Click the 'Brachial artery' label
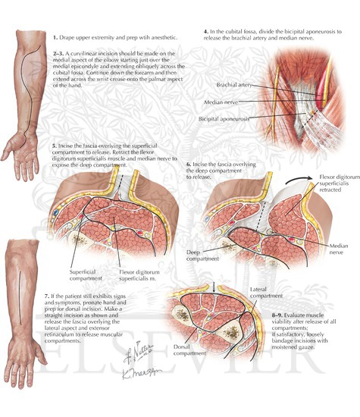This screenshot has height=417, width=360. coord(234,85)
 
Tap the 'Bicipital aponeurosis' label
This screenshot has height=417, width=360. coord(224,119)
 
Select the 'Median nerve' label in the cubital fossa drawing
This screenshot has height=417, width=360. coord(221,102)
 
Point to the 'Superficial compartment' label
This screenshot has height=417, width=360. coord(86,275)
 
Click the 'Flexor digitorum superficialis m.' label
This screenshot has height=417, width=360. coord(139,275)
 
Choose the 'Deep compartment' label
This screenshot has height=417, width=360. coord(202,256)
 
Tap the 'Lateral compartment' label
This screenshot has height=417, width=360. coord(266,293)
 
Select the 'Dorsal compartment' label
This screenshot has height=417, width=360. coord(189,350)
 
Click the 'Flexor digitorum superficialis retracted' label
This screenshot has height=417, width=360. coord(340,183)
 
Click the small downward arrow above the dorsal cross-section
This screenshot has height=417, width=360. coord(214,287)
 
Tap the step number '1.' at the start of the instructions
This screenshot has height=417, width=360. coord(55,38)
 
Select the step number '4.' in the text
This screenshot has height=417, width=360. coord(206,32)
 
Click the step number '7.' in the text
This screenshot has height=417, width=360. coord(47,296)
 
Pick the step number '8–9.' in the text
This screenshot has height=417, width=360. coord(277,315)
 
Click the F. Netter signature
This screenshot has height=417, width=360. coord(138,352)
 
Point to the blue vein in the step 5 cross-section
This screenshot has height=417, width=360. coord(56,212)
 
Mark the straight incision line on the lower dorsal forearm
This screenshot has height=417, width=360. coord(20,297)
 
